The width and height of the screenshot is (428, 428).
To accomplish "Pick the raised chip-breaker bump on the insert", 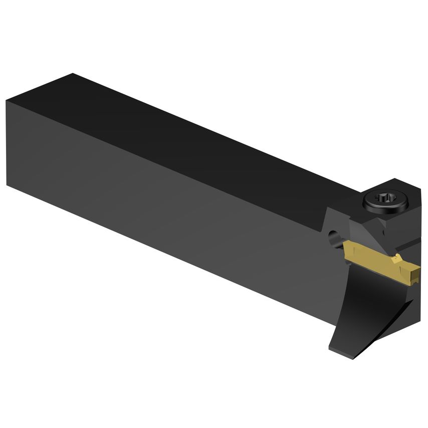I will click(397, 258).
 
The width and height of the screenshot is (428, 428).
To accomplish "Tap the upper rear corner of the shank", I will click(73, 74).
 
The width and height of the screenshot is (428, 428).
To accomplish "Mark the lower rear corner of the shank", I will click(8, 185).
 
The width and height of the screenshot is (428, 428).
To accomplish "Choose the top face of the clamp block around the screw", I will click(396, 193).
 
